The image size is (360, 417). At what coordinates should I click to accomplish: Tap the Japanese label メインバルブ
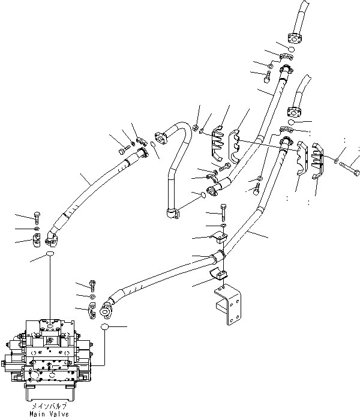coord(49,406)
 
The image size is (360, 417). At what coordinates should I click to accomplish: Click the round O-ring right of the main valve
coord(106,327)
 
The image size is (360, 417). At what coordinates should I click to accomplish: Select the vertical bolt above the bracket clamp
coord(223,212)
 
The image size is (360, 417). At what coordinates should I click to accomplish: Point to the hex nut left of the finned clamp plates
coord(197,126)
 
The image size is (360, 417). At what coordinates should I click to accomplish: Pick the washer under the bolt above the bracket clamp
coord(223,225)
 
